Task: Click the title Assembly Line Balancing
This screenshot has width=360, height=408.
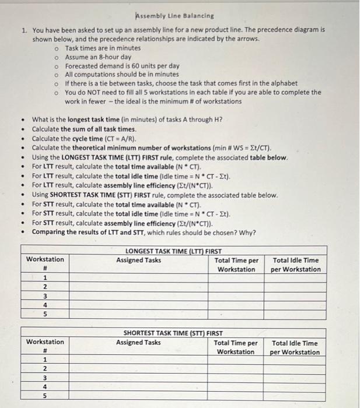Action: coord(174,16)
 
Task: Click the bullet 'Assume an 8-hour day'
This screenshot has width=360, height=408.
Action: coord(98,57)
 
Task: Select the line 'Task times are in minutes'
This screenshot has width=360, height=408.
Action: coord(103,48)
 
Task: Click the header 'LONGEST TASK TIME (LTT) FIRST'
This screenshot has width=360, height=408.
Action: coord(174,251)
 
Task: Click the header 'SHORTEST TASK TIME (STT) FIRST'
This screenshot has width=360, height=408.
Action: coord(173,333)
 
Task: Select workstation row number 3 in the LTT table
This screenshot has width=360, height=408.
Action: coord(44,296)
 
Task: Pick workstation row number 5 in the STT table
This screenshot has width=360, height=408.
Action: coord(45,396)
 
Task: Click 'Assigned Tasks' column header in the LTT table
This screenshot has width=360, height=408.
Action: coord(139,260)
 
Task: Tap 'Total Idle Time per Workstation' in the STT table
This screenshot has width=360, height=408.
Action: coord(295,347)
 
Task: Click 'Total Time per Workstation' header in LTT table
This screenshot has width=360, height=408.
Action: coord(236,265)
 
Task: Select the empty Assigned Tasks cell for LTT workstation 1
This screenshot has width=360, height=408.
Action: coord(139,278)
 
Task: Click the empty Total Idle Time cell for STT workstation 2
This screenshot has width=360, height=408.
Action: coord(295,368)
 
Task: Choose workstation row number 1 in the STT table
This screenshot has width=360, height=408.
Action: coord(45,360)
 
